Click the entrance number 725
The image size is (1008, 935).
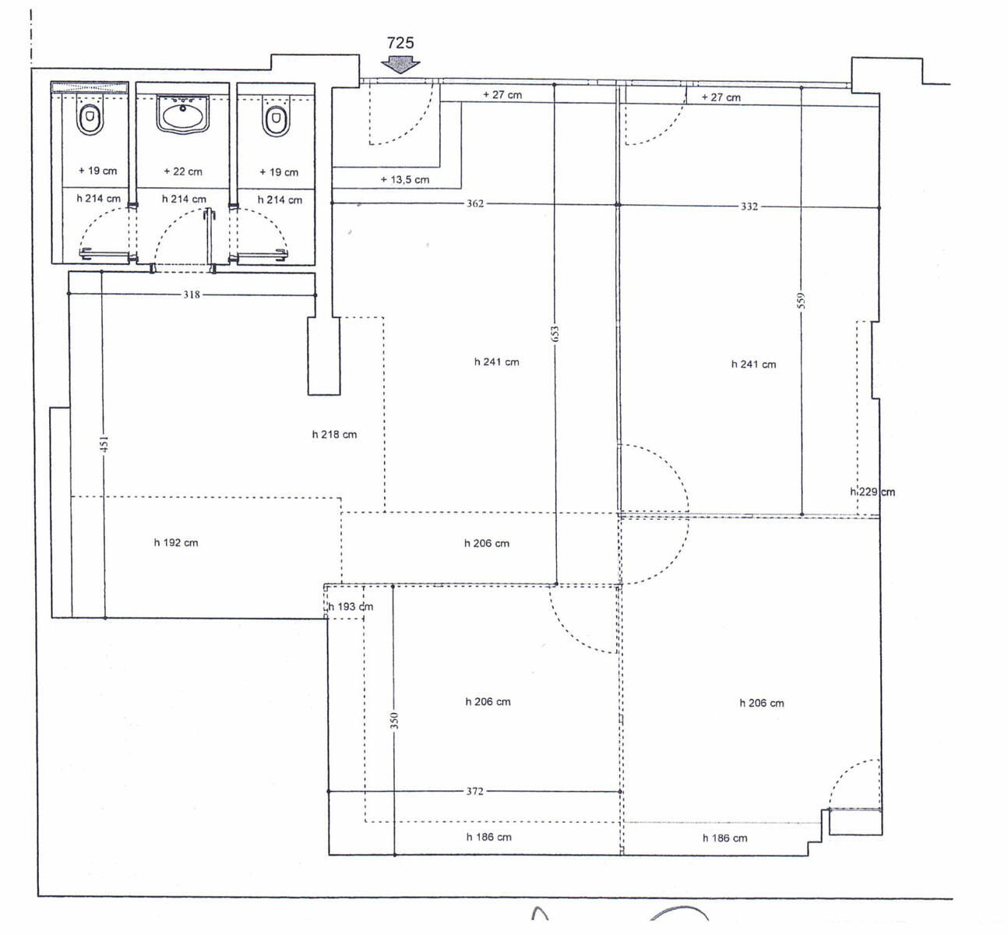click(400, 43)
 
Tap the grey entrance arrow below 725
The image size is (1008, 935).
click(400, 65)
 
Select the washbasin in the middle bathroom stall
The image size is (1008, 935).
click(183, 113)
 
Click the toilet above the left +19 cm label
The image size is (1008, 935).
click(90, 119)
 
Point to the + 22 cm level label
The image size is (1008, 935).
click(183, 171)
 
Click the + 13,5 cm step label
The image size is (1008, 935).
click(405, 180)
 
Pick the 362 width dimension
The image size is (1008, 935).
click(475, 203)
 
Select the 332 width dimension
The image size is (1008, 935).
click(749, 206)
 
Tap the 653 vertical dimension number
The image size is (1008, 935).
click(555, 333)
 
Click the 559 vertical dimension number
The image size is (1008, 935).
click(802, 300)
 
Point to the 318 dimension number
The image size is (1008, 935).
click(192, 295)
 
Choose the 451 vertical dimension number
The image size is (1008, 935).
click(104, 444)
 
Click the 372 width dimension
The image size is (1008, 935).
click(475, 791)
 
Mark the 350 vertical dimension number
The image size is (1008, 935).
click(394, 721)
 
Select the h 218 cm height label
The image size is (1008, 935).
click(334, 435)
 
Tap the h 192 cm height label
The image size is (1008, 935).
click(176, 543)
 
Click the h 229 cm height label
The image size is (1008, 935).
click(872, 492)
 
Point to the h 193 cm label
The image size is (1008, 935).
click(351, 607)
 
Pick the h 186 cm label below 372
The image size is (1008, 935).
click(488, 837)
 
